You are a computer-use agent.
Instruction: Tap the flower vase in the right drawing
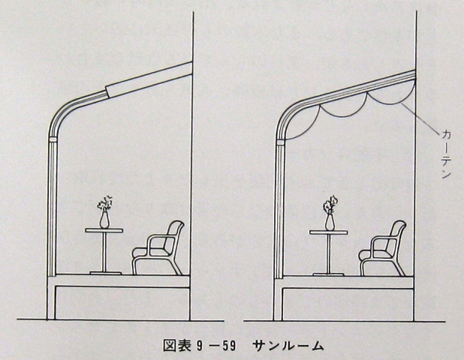click(329, 220)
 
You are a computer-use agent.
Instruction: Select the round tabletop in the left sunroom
click(103, 230)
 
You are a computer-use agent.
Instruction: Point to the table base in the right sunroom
click(328, 271)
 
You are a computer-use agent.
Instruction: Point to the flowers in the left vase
click(104, 203)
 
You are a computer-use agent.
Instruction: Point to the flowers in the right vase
click(330, 204)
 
